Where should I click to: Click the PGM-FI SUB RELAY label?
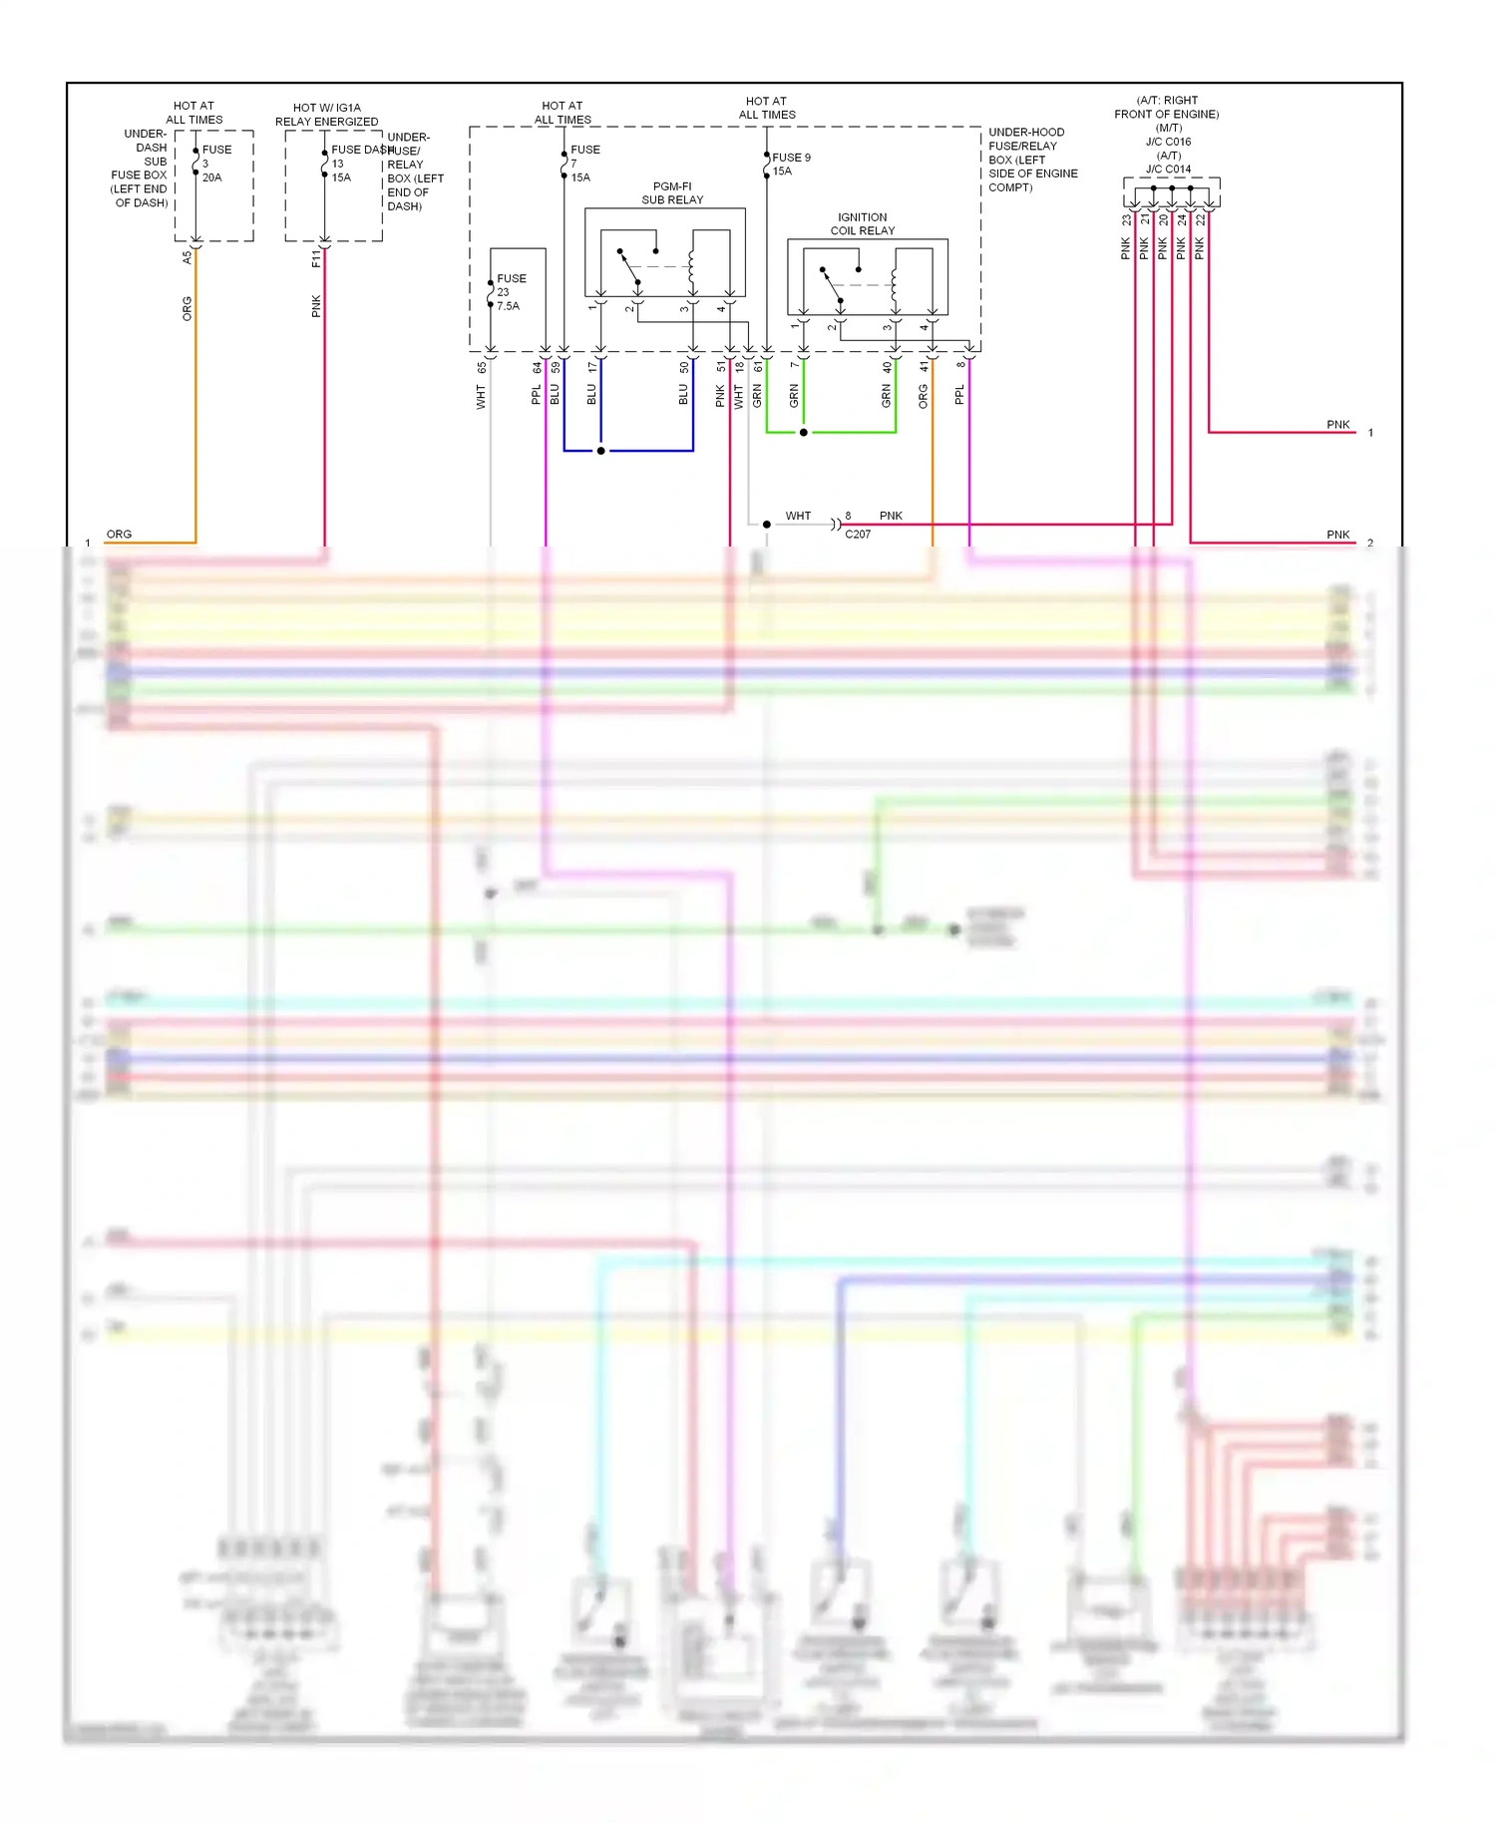point(672,193)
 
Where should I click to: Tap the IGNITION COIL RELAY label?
point(863,224)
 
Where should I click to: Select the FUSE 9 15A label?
point(790,164)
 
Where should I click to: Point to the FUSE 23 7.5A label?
point(510,292)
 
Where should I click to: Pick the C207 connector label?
point(858,535)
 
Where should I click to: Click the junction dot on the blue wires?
point(600,451)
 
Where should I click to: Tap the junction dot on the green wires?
point(803,433)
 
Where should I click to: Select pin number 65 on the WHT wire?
point(482,368)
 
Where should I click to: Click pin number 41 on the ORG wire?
point(925,368)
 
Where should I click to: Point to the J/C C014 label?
point(1168,170)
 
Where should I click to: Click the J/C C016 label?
point(1168,142)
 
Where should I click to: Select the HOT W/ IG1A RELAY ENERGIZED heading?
point(327,115)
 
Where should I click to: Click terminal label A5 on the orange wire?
point(187,257)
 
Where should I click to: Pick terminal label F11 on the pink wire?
point(316,258)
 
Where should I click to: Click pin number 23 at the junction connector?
point(1126,219)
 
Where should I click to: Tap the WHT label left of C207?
point(798,517)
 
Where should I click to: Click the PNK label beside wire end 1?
point(1337,425)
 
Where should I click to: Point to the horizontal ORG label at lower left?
point(119,535)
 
